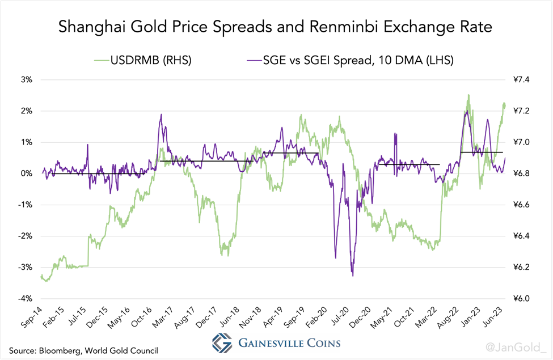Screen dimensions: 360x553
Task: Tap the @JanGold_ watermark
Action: pyautogui.click(x=516, y=344)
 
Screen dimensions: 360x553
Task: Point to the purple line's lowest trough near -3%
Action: pyautogui.click(x=353, y=276)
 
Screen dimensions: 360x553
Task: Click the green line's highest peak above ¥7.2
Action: pyautogui.click(x=468, y=95)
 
